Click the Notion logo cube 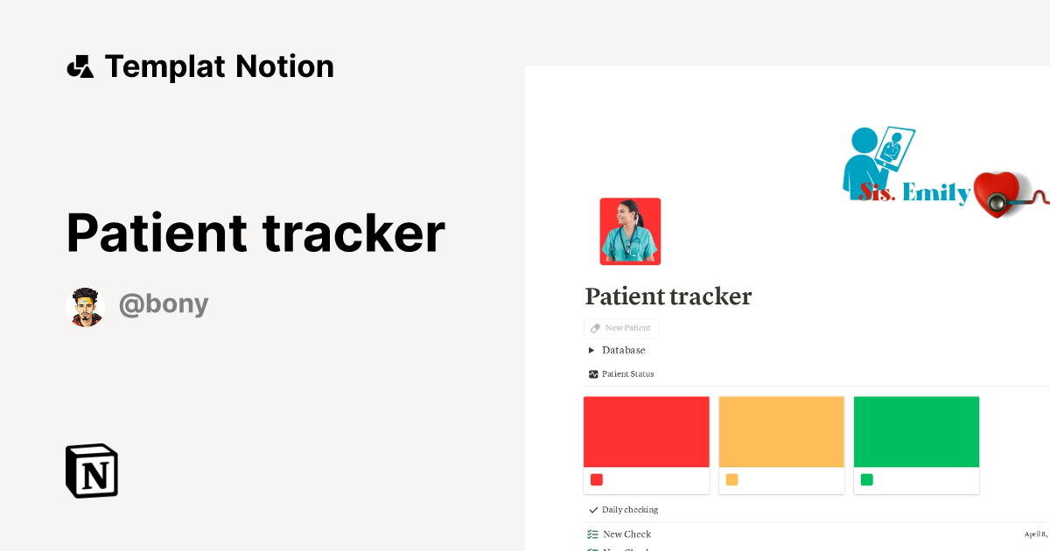point(92,471)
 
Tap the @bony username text point(164,304)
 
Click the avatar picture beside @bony point(85,307)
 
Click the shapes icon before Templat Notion point(80,66)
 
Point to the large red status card point(646,431)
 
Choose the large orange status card point(781,431)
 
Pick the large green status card point(916,431)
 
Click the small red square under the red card point(597,479)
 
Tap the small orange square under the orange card point(731,479)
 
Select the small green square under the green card point(866,479)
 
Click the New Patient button point(621,328)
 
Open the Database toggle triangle point(591,351)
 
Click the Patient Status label point(627,373)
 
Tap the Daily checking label point(629,510)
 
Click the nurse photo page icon point(630,231)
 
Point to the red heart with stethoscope point(997,193)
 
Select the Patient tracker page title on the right point(668,296)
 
